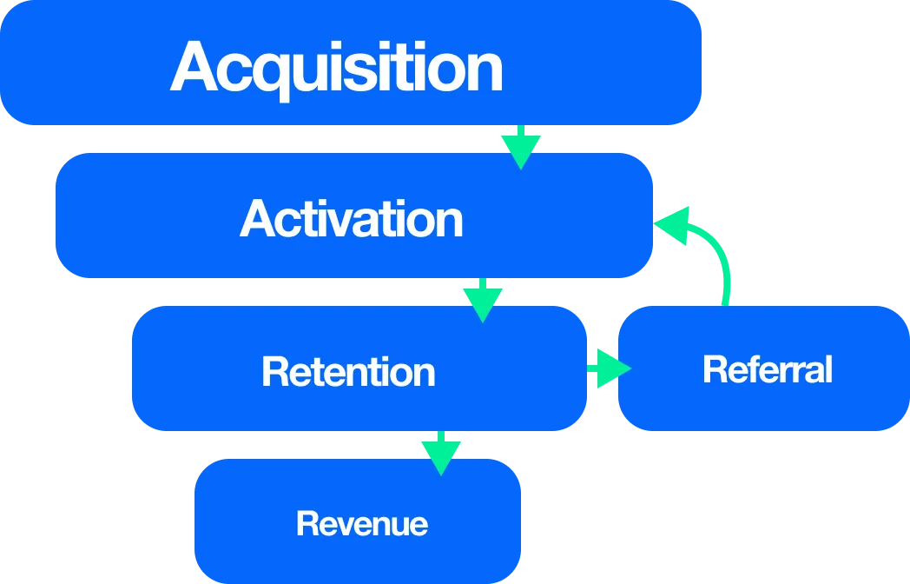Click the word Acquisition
click(337, 68)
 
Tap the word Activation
click(352, 218)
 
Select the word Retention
click(348, 372)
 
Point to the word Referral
click(768, 369)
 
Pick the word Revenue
click(362, 524)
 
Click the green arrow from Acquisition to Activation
click(521, 147)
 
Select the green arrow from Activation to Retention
click(483, 301)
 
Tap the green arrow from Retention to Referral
click(610, 368)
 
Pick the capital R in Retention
click(274, 372)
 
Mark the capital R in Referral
click(714, 369)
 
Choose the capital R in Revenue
click(306, 524)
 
